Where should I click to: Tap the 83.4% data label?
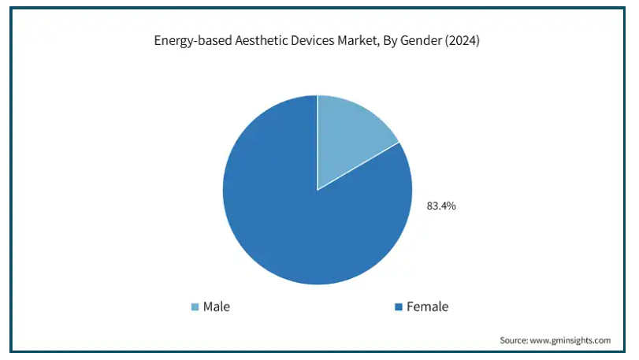tap(441, 206)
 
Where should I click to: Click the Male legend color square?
tap(195, 306)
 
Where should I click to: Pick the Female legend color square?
tap(399, 306)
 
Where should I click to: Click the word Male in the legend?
tap(217, 306)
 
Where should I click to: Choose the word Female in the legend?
tap(428, 306)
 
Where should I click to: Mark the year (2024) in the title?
tap(463, 40)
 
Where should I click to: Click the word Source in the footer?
tap(514, 340)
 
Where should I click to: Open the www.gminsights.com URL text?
tap(570, 340)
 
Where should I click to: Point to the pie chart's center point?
tap(318, 190)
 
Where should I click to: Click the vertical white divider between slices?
tap(318, 143)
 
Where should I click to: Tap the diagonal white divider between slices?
tap(358, 166)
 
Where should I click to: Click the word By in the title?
tap(389, 41)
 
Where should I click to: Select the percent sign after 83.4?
tap(452, 206)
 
